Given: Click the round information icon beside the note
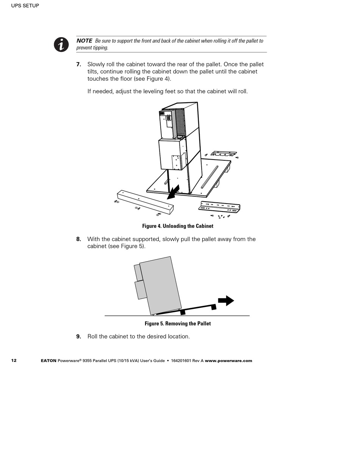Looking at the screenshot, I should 61,45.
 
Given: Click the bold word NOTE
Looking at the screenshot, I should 84,41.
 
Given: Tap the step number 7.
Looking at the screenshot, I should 78,64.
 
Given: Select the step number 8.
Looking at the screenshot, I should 78,239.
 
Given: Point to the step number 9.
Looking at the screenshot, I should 78,337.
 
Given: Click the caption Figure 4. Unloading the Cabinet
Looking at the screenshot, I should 178,226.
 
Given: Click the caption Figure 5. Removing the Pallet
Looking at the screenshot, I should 178,324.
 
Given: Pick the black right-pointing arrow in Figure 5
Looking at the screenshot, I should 226,301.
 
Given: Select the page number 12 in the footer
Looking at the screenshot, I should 14,361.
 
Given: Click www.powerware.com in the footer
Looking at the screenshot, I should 229,361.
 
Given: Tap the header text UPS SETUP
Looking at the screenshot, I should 25,6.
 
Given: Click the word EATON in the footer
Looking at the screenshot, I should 49,361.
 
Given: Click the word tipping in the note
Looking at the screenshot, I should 101,48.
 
